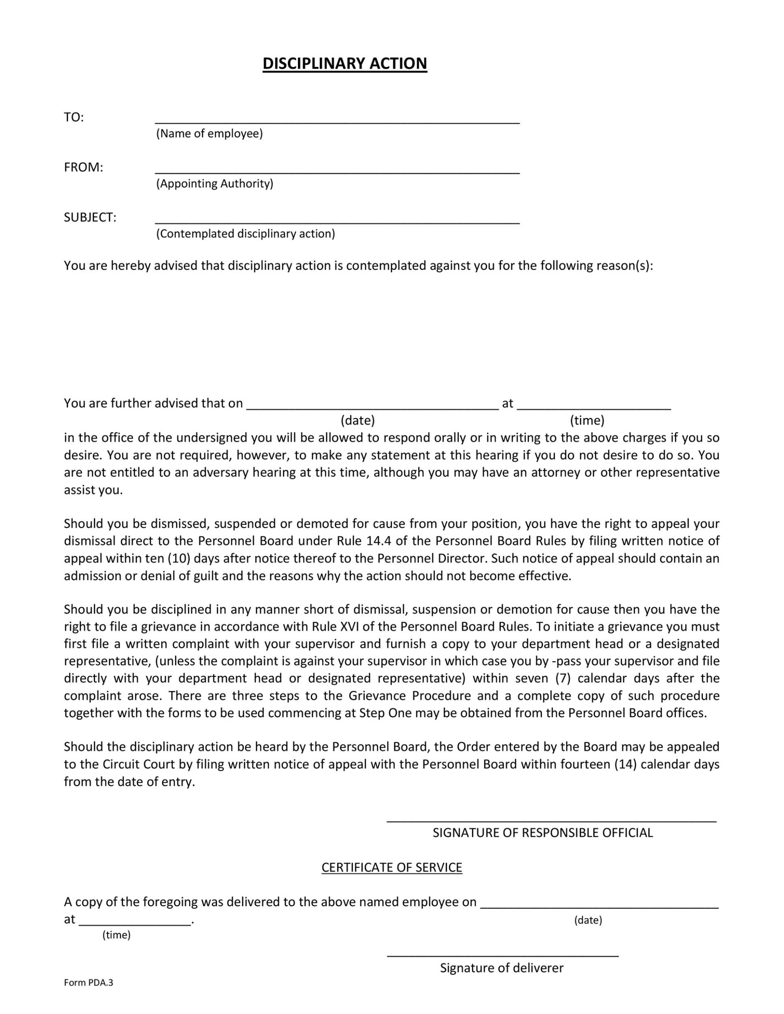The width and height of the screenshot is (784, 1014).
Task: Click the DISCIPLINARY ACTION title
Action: (x=345, y=64)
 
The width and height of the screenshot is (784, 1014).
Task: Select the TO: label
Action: (x=74, y=117)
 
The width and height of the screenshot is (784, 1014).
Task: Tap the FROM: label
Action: (x=84, y=168)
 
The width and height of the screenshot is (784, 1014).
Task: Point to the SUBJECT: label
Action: (x=90, y=217)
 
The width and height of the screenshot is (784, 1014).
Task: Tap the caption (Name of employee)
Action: (x=210, y=134)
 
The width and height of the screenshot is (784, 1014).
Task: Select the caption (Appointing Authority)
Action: (x=215, y=184)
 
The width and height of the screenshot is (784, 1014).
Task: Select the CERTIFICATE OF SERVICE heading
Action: (x=392, y=868)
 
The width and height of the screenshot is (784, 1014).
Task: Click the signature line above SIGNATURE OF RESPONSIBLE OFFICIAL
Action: (x=551, y=822)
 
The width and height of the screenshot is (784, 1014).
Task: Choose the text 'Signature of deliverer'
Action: (x=502, y=968)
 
